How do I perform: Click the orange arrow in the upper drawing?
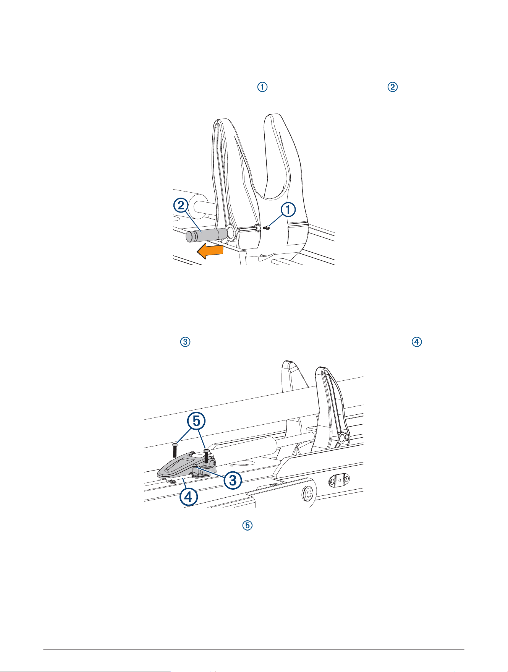click(x=210, y=251)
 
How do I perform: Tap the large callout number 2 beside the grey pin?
click(x=181, y=206)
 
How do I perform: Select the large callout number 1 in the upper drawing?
click(x=288, y=209)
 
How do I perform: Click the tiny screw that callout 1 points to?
click(x=267, y=228)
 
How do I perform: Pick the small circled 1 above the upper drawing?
click(x=262, y=87)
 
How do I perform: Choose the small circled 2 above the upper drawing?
click(x=393, y=87)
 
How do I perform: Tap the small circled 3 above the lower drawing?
click(x=185, y=342)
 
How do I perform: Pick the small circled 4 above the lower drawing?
click(x=416, y=342)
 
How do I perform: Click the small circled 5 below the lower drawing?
click(x=248, y=526)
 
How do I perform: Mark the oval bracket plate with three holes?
click(x=340, y=480)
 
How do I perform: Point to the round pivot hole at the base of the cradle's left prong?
click(x=231, y=232)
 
